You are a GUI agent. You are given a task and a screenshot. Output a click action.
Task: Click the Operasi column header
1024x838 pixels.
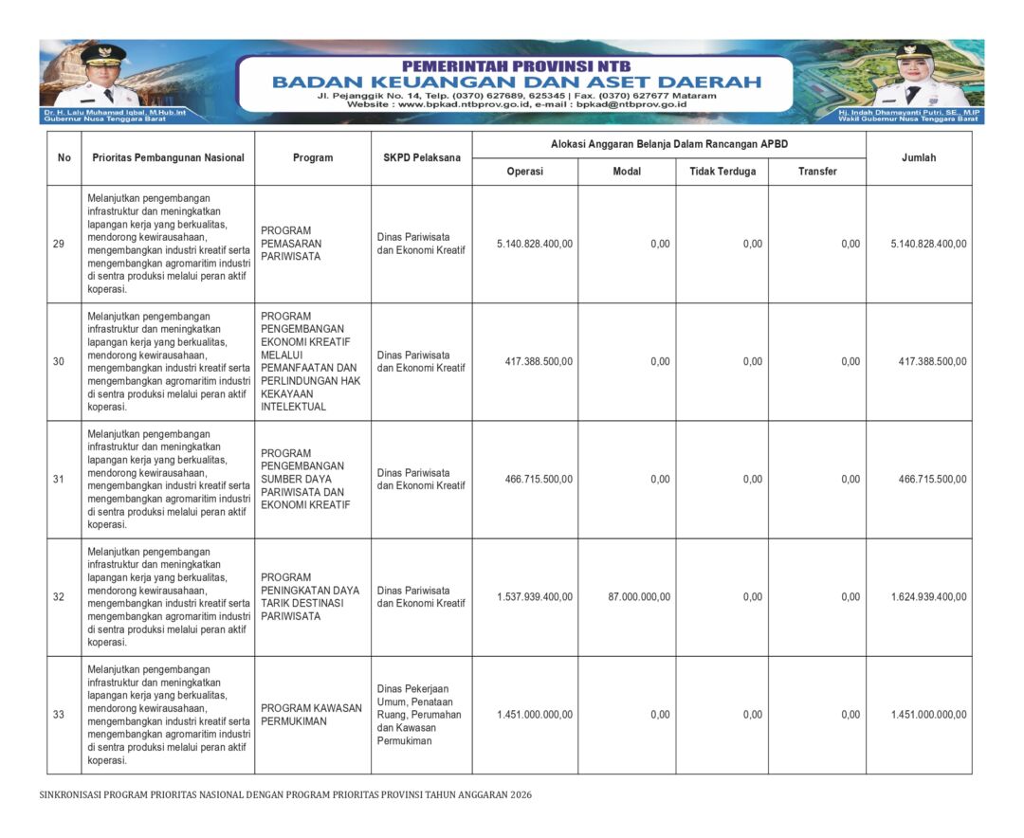[524, 172]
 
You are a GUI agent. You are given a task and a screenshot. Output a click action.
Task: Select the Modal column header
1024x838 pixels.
[627, 172]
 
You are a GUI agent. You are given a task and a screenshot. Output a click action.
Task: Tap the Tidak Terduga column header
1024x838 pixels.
[722, 172]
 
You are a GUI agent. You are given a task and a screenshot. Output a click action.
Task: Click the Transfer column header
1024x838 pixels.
[817, 172]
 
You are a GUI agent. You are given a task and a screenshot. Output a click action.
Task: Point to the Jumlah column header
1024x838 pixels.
[918, 157]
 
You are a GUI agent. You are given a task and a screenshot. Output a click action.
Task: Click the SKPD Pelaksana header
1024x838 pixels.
[421, 157]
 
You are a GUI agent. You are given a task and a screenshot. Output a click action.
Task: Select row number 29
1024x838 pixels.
[59, 244]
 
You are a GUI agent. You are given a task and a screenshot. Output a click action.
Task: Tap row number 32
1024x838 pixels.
[59, 597]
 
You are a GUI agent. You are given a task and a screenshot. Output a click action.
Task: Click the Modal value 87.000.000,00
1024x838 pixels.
[639, 597]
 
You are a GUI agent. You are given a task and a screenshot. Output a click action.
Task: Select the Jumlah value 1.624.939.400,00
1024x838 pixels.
[928, 597]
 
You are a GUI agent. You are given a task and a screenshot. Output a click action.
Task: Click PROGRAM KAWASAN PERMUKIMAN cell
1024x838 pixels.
[311, 715]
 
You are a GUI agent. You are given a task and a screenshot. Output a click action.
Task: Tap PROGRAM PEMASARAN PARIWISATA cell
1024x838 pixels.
[291, 244]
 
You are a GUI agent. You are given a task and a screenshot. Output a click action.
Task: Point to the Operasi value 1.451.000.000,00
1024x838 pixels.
[535, 715]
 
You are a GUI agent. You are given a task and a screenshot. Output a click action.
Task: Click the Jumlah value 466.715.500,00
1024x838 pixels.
[932, 480]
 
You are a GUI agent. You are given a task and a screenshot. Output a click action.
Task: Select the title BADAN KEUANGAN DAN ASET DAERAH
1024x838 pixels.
[516, 82]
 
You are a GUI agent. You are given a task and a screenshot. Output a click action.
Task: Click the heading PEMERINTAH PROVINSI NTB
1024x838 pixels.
[516, 66]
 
